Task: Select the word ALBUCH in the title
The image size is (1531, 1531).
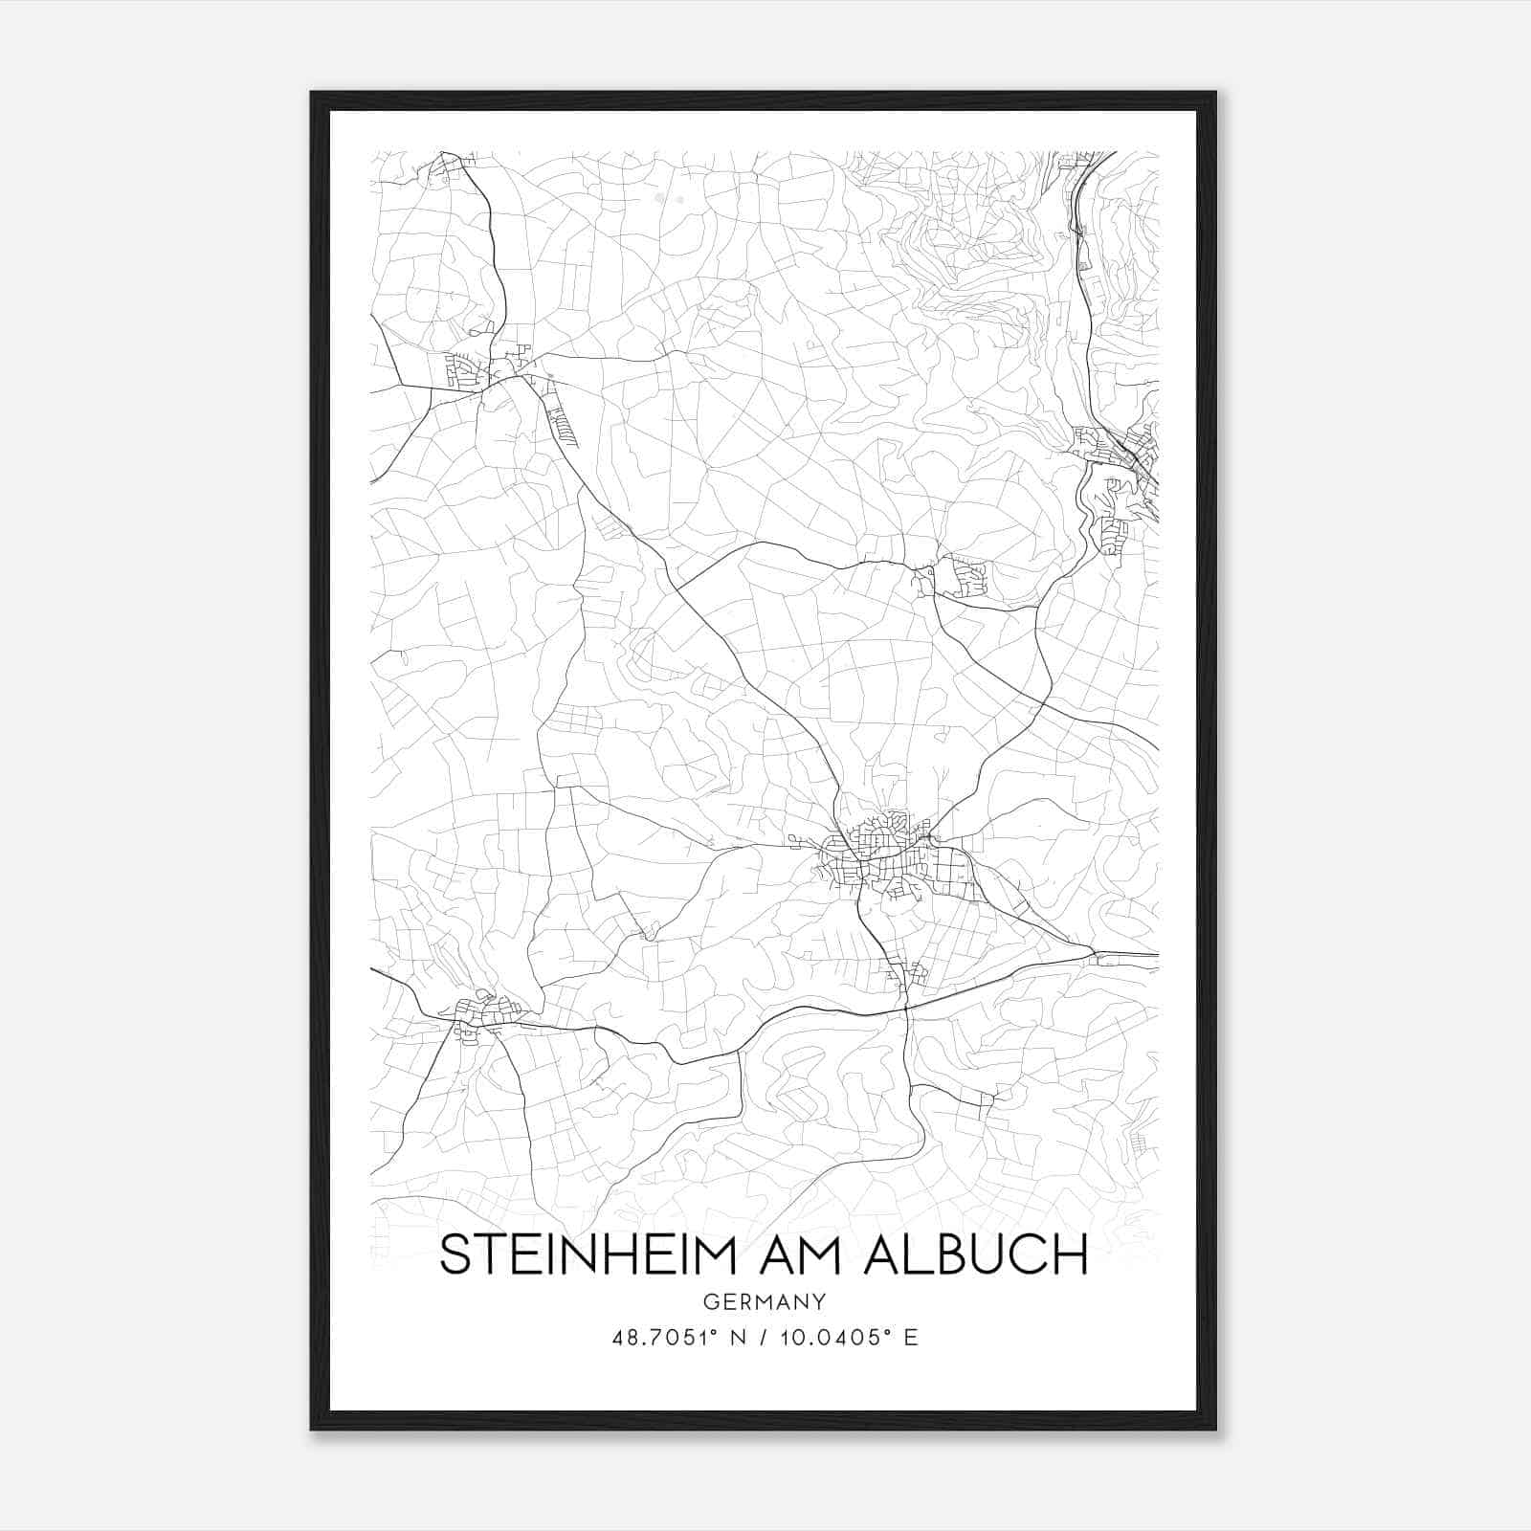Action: coord(975,1254)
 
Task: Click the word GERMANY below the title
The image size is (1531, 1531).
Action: coord(765,1301)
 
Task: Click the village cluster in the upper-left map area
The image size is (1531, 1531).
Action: coord(478,368)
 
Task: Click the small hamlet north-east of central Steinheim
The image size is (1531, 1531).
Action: coord(962,578)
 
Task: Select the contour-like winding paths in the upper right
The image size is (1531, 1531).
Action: coord(966,249)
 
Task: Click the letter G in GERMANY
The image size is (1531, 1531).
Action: coord(709,1301)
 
